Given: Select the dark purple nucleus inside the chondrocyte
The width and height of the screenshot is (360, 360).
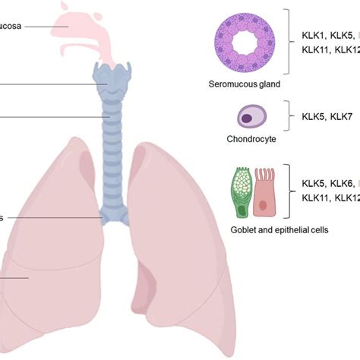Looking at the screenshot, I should [x=247, y=118].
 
